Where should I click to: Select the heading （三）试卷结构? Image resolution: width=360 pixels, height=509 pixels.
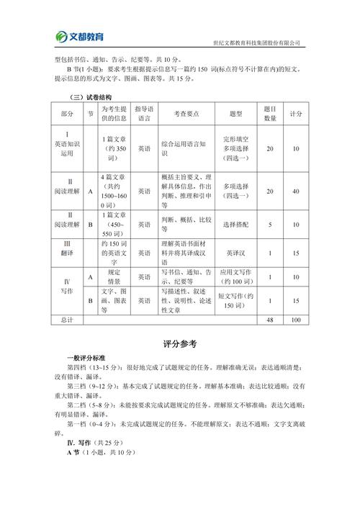click(x=90, y=97)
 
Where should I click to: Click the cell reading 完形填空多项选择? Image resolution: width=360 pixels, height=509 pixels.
click(x=235, y=148)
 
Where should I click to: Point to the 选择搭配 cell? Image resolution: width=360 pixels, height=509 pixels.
click(x=235, y=224)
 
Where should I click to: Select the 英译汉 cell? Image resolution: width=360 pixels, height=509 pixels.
click(x=235, y=253)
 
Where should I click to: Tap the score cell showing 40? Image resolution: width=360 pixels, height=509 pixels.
click(x=295, y=191)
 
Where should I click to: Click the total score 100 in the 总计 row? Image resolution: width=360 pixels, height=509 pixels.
click(x=295, y=319)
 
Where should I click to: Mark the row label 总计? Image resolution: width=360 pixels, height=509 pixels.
click(x=67, y=319)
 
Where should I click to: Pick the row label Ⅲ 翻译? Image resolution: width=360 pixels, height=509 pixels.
click(x=67, y=253)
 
